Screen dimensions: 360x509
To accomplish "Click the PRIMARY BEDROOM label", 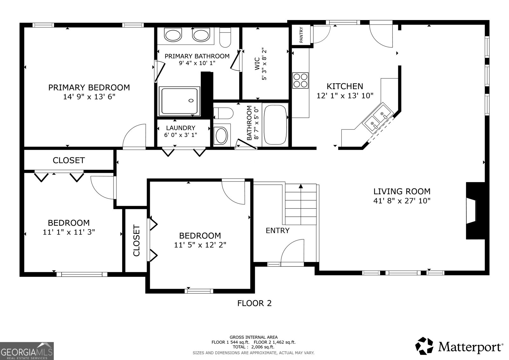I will coord(89,87).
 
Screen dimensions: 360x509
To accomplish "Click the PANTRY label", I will coord(301,35).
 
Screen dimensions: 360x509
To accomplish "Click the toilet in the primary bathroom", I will coord(225,36).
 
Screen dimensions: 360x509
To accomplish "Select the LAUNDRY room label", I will coord(180,128).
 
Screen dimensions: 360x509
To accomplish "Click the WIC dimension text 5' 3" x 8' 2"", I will coord(264,64).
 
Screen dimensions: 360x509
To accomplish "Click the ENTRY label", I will coord(277,230).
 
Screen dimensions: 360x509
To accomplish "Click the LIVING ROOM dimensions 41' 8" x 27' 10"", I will coord(402,201).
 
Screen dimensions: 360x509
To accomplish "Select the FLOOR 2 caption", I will coord(254,303).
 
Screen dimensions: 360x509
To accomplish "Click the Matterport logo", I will coord(459,346).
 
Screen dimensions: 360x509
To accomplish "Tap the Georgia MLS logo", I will coord(27,351).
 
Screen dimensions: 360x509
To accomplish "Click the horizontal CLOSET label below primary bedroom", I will coord(69,160).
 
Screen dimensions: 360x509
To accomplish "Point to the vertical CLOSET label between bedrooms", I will coord(136,240).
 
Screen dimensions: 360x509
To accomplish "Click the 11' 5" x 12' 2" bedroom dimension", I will coord(200,245).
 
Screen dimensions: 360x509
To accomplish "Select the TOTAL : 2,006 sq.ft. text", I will coord(254,347).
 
